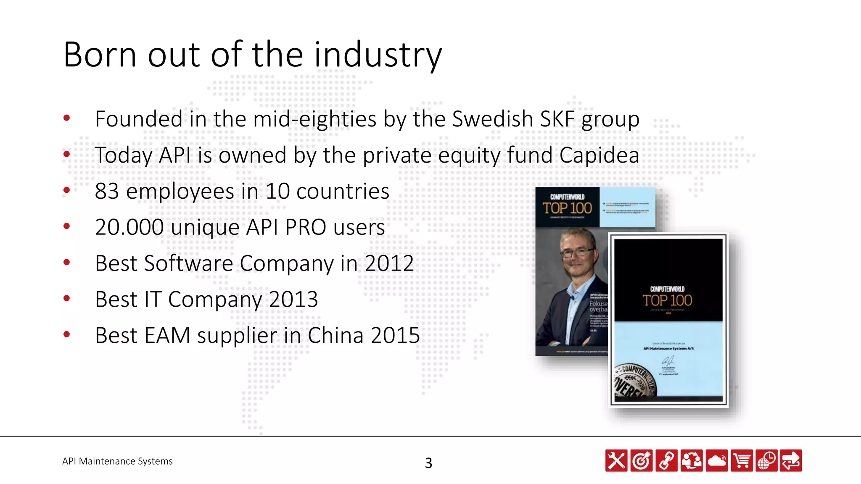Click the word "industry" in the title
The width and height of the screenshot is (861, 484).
pos(378,55)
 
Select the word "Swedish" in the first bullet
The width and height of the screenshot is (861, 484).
pos(492,119)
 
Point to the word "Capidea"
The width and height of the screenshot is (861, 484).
pos(599,155)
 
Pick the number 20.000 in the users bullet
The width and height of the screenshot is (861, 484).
pos(129,227)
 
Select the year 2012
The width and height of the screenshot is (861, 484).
pos(389,263)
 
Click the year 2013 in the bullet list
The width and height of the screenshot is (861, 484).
pos(293,300)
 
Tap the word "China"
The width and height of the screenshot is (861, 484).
pos(335,336)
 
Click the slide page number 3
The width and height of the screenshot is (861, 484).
pos(428,463)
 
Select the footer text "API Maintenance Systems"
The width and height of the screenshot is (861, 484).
pos(117,461)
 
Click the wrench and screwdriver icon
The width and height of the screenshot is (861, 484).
pos(616,460)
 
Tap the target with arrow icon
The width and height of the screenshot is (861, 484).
pos(641,460)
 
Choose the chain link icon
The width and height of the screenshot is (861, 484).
pos(666,460)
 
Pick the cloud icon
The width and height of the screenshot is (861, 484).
pos(716,460)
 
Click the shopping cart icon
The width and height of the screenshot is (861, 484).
pos(742,460)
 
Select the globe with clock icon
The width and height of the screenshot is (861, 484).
pos(766,460)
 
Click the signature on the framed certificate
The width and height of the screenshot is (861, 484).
pos(668,360)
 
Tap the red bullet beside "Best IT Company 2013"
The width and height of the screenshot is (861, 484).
pos(66,299)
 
